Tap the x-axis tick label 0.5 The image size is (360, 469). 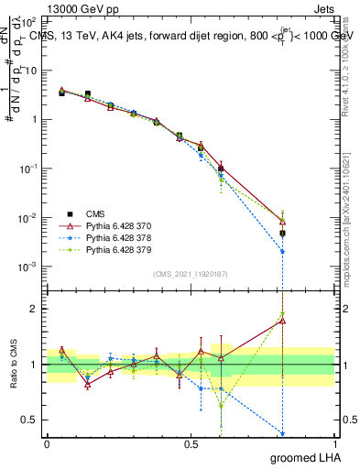[x=191, y=442]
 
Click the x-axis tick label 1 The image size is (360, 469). [x=334, y=442]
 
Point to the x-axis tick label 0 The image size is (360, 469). [x=47, y=442]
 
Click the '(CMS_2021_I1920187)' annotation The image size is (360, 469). [x=191, y=272]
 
